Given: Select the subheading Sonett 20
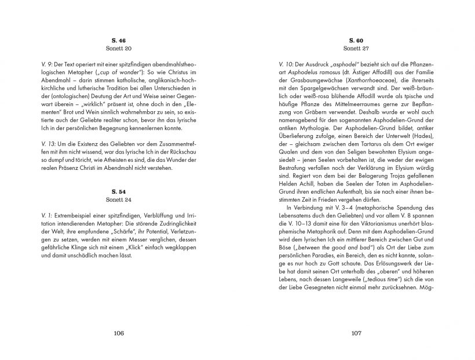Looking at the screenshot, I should coord(119,49).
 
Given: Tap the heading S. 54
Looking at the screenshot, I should coord(119,191).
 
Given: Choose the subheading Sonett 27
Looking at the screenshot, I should coord(356,49).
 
